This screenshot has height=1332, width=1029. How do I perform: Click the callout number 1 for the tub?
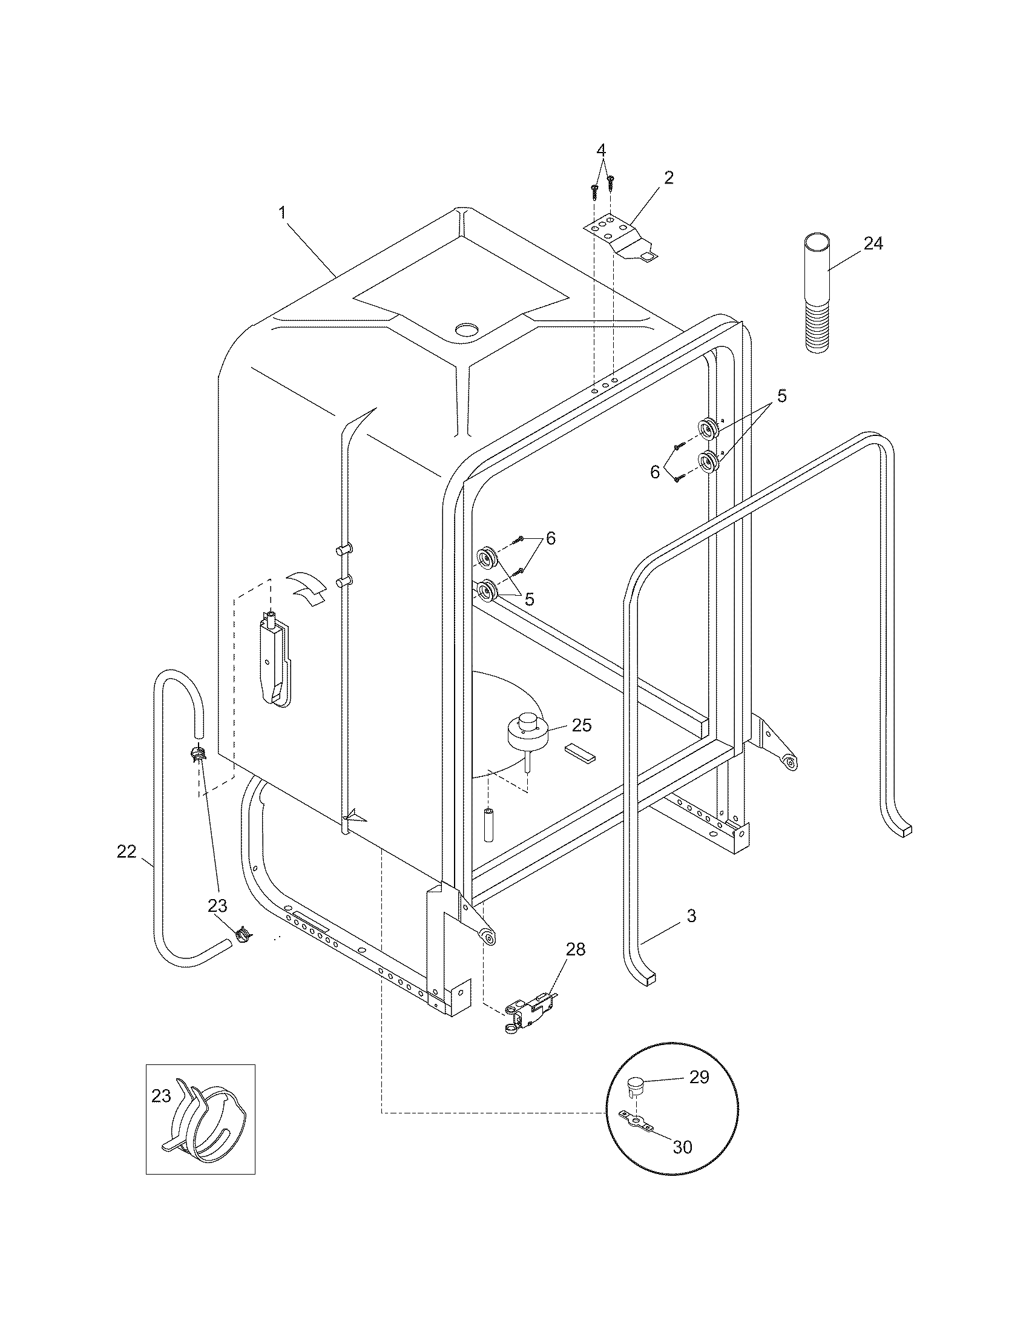281,213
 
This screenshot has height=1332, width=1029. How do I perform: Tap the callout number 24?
873,243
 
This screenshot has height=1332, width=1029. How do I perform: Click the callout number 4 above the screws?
601,150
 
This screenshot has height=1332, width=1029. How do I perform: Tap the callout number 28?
576,949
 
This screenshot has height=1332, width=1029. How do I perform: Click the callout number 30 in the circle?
682,1147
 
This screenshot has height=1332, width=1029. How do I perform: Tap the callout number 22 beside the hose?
126,851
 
